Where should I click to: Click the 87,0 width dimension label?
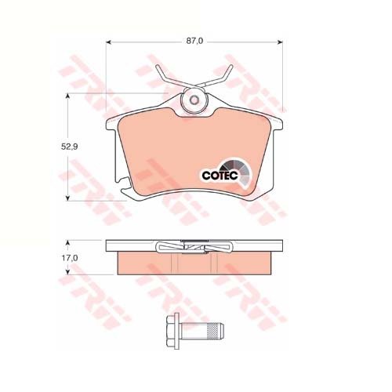click(x=194, y=42)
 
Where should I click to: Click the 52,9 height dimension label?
click(x=69, y=147)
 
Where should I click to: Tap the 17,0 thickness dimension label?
click(x=70, y=258)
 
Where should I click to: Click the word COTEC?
click(x=220, y=176)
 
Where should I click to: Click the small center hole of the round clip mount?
click(x=194, y=100)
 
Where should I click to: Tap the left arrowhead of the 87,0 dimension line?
click(x=109, y=42)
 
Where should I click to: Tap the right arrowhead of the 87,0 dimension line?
click(x=280, y=42)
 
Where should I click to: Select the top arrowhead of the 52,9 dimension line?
click(x=67, y=96)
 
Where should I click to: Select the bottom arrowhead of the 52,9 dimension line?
click(x=67, y=198)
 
